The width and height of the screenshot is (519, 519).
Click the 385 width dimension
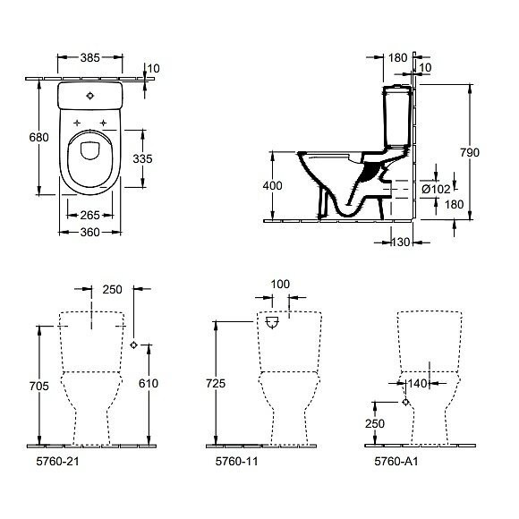coord(90,55)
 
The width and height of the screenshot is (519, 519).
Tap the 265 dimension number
coord(90,214)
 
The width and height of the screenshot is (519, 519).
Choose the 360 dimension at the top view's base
coord(90,232)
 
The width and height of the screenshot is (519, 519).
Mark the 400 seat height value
coord(273,185)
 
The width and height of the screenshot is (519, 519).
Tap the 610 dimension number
coord(149,384)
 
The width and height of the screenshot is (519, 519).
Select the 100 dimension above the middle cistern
coord(280,285)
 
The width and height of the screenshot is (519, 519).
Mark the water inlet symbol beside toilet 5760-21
coord(133,345)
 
